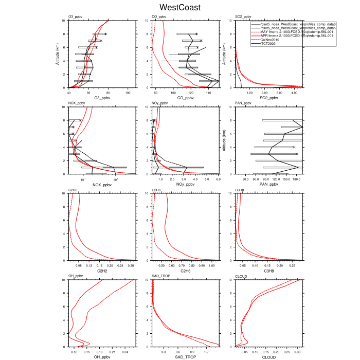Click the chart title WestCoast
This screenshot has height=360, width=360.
180,8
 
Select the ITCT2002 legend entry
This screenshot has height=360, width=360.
269,43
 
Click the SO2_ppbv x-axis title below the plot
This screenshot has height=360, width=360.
269,98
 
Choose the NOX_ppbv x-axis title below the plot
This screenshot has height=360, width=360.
102,185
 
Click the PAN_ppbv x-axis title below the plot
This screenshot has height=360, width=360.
269,185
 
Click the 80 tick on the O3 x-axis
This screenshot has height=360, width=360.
109,93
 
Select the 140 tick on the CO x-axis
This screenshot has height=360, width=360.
209,93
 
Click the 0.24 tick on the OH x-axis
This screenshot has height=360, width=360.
125,352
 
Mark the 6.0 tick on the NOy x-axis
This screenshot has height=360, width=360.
218,179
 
